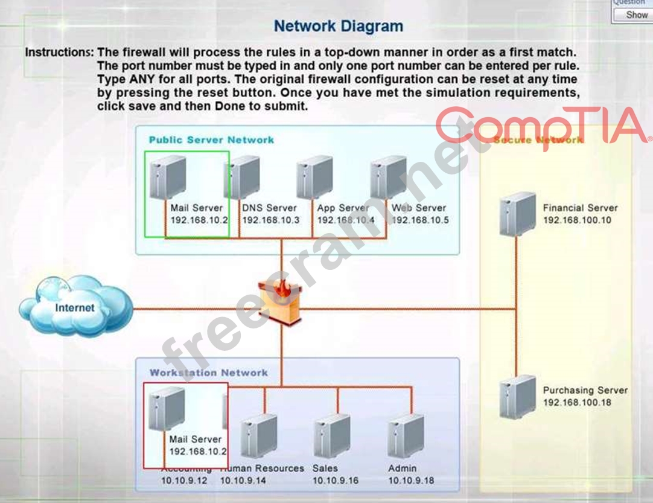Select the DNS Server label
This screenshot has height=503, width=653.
270,208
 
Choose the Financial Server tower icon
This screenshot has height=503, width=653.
517,214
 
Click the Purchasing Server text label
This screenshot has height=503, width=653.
585,391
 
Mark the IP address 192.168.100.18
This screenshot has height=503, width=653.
578,403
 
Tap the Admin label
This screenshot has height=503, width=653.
401,469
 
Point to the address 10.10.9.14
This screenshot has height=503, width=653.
243,481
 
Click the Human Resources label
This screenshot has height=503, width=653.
263,469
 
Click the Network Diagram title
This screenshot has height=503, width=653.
338,27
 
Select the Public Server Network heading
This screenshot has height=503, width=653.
211,140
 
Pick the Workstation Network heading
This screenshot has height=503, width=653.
209,373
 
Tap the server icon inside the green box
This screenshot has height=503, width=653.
167,176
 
